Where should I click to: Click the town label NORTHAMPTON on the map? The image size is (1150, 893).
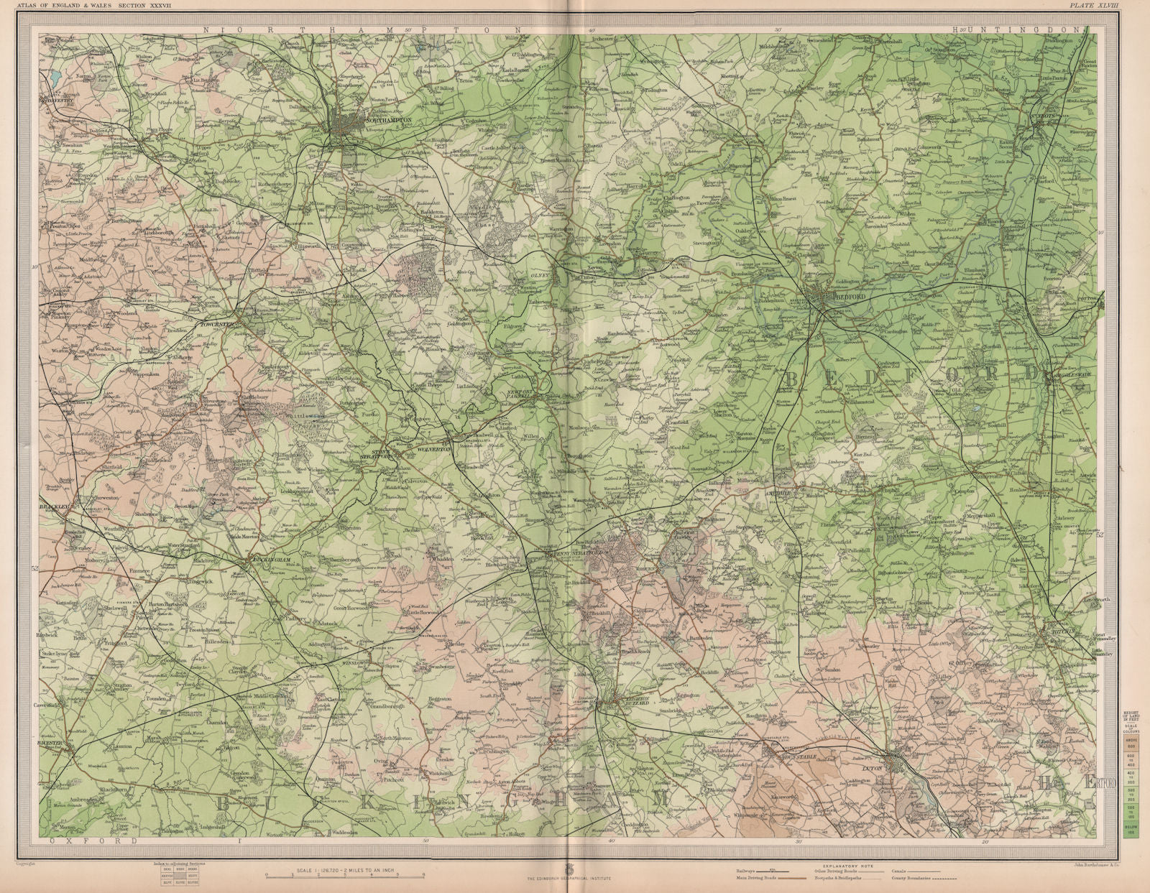point(389,121)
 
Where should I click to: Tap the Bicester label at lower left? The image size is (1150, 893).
point(57,743)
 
